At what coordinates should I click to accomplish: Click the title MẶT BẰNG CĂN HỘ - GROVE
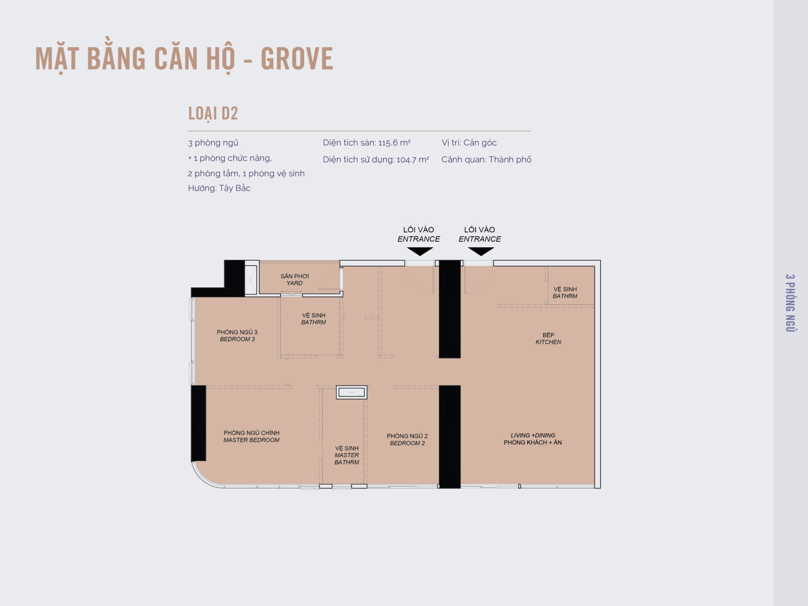[x=184, y=59]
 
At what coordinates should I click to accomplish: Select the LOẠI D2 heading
[x=213, y=114]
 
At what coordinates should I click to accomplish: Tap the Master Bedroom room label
[x=251, y=436]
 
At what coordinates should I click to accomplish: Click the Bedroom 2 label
[x=407, y=440]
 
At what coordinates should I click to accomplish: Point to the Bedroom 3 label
[x=237, y=336]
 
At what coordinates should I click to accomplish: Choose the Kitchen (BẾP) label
[x=548, y=339]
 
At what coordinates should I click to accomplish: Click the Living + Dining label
[x=533, y=439]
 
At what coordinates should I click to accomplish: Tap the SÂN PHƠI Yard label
[x=295, y=280]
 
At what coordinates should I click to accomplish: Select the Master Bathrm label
[x=347, y=455]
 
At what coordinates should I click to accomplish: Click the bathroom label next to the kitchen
[x=565, y=293]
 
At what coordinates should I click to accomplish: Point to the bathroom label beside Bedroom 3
[x=314, y=319]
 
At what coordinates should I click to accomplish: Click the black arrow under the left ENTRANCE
[x=420, y=252]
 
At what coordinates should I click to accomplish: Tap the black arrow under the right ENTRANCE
[x=481, y=252]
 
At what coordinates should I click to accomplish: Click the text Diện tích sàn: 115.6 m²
[x=367, y=143]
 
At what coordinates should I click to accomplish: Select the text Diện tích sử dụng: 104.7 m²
[x=376, y=159]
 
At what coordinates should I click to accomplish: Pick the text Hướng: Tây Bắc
[x=219, y=188]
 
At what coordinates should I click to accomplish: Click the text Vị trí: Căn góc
[x=469, y=143]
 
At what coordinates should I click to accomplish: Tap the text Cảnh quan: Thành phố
[x=486, y=159]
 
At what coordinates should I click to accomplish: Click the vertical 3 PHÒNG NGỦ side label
[x=790, y=303]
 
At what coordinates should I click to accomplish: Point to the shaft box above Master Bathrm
[x=351, y=392]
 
